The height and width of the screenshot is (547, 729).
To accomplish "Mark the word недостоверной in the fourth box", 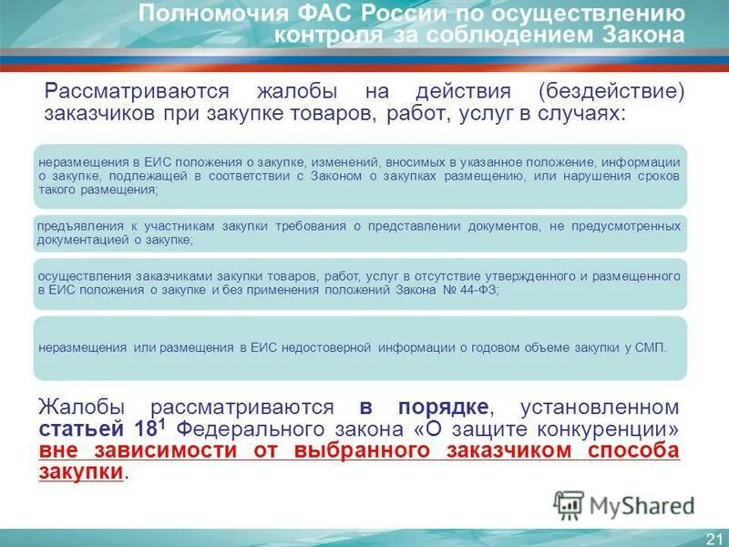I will (x=331, y=347).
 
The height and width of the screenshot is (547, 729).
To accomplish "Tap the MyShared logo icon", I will (x=570, y=504).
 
